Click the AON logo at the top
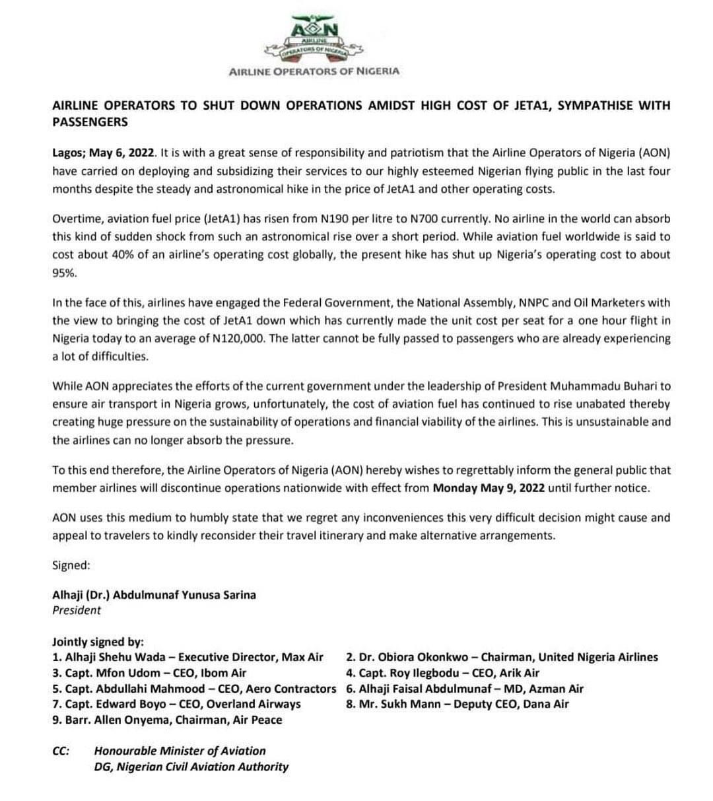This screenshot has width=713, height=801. click(x=314, y=39)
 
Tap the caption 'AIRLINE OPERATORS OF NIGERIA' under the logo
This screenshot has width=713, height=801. click(x=314, y=71)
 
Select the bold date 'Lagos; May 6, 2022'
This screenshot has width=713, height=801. click(x=104, y=153)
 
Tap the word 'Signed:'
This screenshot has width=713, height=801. click(x=71, y=565)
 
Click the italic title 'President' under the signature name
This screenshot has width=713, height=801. click(x=77, y=610)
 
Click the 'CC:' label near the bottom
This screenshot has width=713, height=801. click(x=61, y=751)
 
